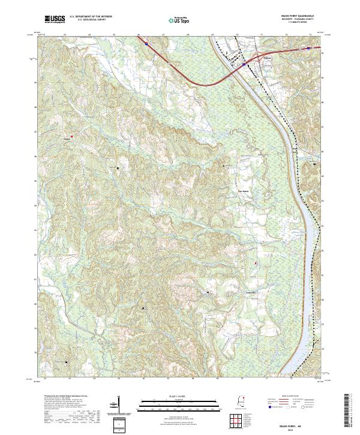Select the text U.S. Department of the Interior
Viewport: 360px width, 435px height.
click(x=91, y=17)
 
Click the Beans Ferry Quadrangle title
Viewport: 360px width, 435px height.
click(x=298, y=17)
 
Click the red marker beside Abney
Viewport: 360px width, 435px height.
click(x=73, y=136)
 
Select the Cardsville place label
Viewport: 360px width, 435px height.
click(x=251, y=292)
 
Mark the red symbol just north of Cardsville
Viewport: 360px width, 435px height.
click(x=255, y=263)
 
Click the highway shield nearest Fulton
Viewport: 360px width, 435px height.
click(x=244, y=63)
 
